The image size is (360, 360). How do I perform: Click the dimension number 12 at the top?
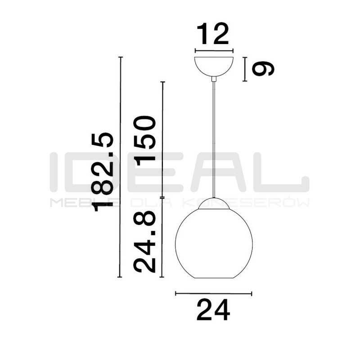[x=213, y=34]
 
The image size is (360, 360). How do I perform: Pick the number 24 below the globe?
[x=213, y=310]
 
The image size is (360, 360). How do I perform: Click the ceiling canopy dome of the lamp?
[x=214, y=65]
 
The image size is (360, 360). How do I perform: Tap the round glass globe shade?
[x=214, y=243]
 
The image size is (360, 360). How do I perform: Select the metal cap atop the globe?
[x=214, y=203]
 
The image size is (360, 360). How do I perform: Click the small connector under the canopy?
[x=214, y=80]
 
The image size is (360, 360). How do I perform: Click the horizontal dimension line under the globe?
[x=214, y=293]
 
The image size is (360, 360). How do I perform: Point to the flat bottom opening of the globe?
[x=214, y=278]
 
